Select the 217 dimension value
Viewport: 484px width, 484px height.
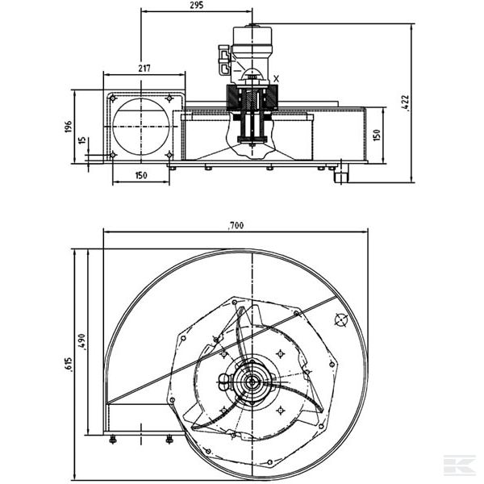(x=144, y=68)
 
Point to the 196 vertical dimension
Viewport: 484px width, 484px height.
(x=69, y=127)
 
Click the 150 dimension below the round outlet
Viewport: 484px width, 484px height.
(x=141, y=176)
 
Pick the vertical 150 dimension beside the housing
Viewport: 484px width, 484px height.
(x=376, y=134)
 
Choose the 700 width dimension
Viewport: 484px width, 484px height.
(x=235, y=226)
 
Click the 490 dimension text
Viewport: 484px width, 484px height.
(x=82, y=342)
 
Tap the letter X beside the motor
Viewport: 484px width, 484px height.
(x=277, y=78)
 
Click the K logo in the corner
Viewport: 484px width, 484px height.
(x=459, y=465)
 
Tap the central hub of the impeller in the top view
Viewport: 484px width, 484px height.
(x=252, y=382)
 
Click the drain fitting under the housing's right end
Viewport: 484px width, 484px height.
(x=340, y=173)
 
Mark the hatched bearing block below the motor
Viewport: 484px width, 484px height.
(x=252, y=100)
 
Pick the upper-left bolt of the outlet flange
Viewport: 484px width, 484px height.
(x=113, y=98)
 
